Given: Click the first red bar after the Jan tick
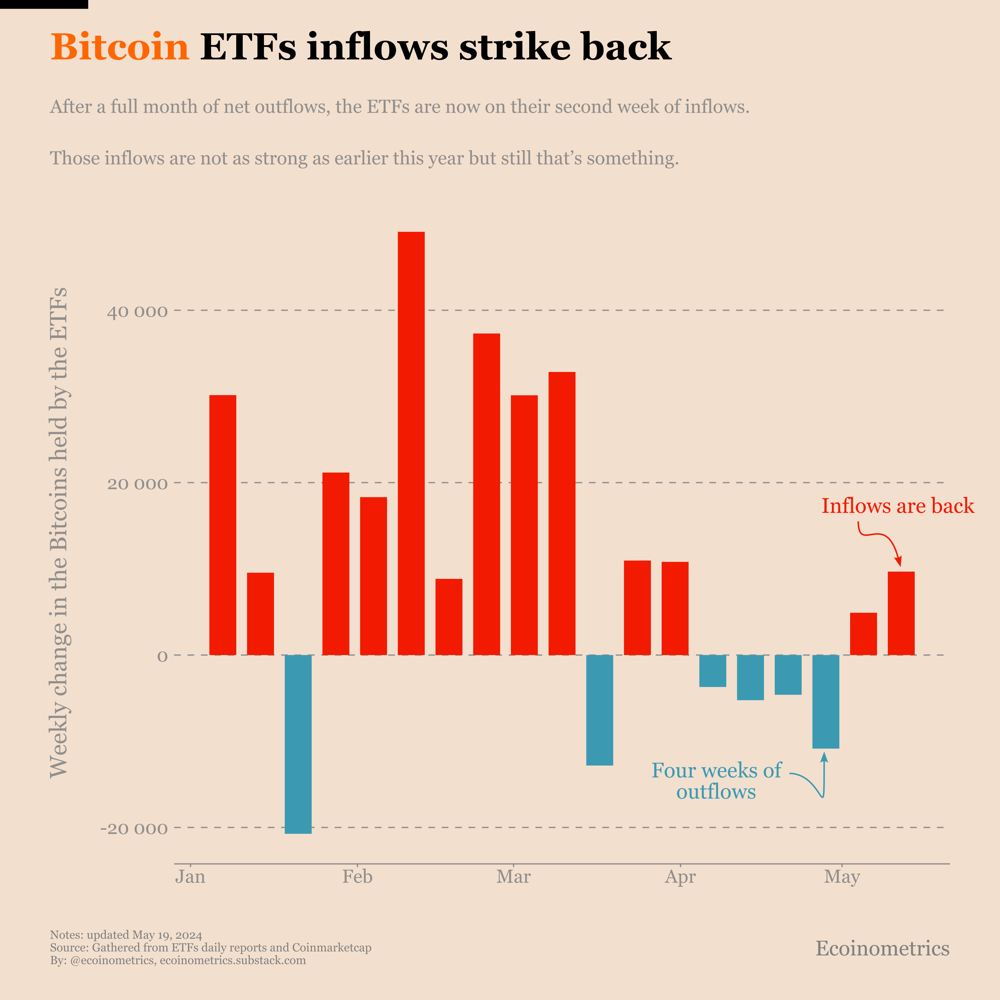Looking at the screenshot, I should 223,525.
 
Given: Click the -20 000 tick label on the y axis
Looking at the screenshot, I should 134,829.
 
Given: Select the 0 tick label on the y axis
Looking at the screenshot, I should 163,656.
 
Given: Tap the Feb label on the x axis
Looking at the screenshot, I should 357,877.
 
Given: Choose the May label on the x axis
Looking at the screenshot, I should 842,877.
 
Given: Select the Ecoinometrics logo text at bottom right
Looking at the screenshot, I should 883,948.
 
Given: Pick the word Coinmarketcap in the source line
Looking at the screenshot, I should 331,947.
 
